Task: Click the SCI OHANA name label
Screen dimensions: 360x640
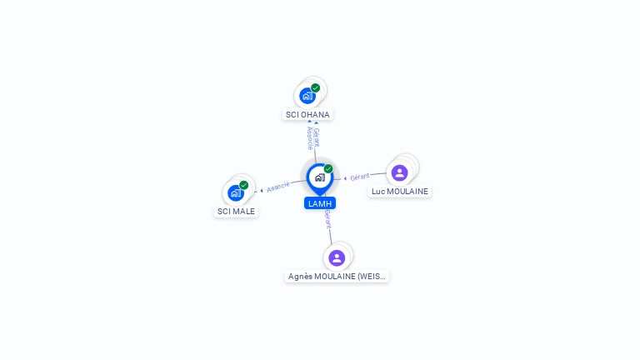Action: pos(307,114)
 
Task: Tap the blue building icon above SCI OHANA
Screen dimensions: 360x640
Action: pos(307,96)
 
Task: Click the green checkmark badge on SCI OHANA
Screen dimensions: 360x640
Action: pos(316,87)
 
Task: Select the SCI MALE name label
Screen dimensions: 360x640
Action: pos(236,211)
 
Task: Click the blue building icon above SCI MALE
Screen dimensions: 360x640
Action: pos(236,193)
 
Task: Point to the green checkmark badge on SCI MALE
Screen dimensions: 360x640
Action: pos(244,185)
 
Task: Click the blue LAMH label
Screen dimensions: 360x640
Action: pos(320,203)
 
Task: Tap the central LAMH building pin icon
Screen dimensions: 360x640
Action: pos(319,177)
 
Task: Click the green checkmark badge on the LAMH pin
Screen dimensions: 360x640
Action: pos(328,169)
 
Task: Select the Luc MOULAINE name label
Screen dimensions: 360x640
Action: pos(400,191)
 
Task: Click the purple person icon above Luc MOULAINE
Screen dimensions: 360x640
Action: pos(399,172)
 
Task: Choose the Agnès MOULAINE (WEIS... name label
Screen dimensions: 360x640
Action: pos(337,276)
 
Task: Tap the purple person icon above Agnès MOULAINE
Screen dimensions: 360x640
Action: pos(337,257)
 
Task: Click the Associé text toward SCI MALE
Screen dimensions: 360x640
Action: pos(278,187)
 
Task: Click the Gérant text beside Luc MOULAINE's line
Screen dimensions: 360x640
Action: pos(360,177)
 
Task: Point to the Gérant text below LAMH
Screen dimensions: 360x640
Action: pos(327,220)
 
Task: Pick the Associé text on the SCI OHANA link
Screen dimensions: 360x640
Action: pos(309,137)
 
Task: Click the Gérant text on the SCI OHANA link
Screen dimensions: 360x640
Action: pos(316,137)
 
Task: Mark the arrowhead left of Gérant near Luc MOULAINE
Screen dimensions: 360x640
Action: pos(346,178)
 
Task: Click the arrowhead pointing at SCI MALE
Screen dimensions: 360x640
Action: pos(262,191)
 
